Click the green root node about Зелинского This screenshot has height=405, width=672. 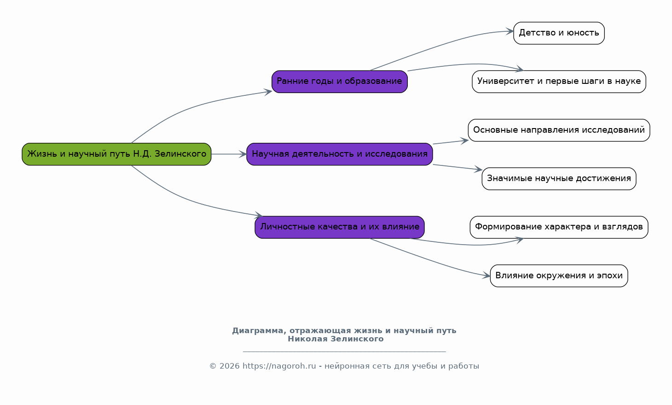pos(116,154)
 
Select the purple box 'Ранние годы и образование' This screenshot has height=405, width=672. pos(339,82)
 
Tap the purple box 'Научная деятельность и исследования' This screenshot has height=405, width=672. pos(339,154)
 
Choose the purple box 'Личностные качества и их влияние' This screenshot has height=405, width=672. pos(339,227)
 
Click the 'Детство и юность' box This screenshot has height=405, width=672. pos(559,33)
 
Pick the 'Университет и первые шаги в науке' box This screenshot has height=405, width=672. pos(559,82)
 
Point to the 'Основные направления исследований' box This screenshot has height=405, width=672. pos(559,130)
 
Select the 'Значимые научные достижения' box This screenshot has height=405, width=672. pos(559,179)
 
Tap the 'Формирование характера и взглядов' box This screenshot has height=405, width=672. pos(559,227)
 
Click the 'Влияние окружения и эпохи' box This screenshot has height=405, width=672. pos(559,276)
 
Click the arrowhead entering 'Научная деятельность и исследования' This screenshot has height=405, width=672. pos(243,154)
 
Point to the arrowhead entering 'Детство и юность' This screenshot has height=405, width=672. pos(510,31)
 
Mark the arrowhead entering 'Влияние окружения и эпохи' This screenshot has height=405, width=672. pos(487,276)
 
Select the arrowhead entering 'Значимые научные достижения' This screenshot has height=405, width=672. pos(479,169)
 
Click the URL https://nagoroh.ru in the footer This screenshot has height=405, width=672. pos(279,366)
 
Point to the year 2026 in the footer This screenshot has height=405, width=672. pos(229,366)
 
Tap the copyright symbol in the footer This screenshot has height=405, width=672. pos(213,366)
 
